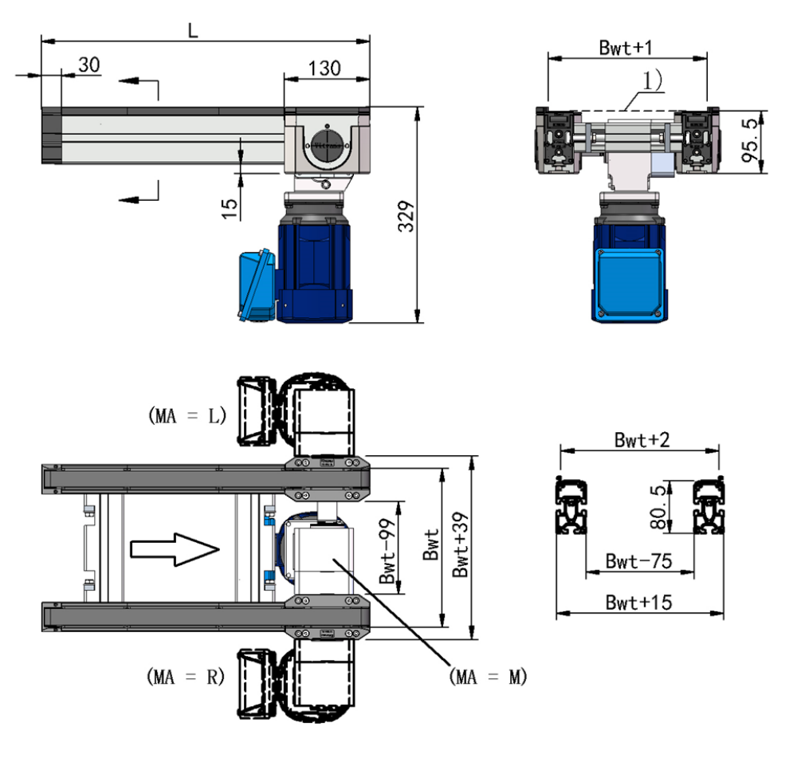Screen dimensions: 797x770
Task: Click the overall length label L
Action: [x=193, y=30]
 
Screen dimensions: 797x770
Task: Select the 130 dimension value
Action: [x=324, y=68]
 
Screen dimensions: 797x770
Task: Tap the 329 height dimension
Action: [x=406, y=217]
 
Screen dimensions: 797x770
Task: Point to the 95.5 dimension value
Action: [x=751, y=140]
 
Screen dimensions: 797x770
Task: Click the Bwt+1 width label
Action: [x=626, y=47]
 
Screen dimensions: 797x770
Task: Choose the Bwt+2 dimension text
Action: [x=642, y=440]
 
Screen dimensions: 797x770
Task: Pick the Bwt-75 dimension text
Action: [x=639, y=561]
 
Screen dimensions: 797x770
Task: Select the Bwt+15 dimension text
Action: [x=639, y=603]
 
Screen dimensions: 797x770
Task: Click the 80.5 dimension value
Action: [x=658, y=507]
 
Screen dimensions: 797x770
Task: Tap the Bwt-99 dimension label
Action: [x=387, y=552]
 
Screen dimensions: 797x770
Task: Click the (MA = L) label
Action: [x=187, y=416]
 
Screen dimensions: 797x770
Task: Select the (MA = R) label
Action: [x=186, y=677]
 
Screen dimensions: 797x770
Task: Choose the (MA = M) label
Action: [x=488, y=677]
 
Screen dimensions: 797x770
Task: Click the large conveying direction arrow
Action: [x=175, y=549]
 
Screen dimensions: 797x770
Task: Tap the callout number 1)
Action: [x=653, y=81]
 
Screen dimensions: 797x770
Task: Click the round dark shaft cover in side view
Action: [x=327, y=145]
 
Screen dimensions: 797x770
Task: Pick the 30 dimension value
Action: [x=89, y=65]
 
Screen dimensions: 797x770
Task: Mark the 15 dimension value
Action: [x=230, y=209]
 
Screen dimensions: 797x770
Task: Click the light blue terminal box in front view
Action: [x=630, y=284]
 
